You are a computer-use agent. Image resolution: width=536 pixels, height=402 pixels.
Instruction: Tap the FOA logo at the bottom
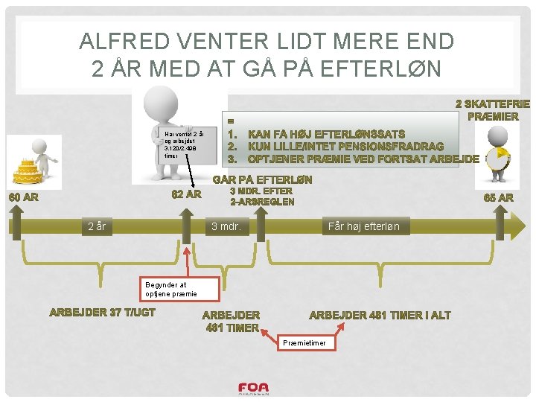click(253, 389)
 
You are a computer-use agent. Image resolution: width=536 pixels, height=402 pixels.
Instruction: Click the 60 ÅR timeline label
click(23, 198)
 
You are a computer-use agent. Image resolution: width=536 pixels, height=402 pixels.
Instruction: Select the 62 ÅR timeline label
click(186, 195)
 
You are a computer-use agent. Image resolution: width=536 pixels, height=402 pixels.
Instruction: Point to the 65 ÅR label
click(498, 198)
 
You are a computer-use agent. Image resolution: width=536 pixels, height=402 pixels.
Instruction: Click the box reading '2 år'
click(98, 226)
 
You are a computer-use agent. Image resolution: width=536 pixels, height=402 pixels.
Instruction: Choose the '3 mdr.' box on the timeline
click(226, 226)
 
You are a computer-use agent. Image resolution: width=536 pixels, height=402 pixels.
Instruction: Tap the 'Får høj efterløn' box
click(364, 226)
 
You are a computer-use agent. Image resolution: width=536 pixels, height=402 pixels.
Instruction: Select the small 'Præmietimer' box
click(306, 342)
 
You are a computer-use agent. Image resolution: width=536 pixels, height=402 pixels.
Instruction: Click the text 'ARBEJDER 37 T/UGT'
click(102, 313)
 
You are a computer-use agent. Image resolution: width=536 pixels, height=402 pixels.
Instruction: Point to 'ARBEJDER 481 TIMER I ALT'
click(380, 315)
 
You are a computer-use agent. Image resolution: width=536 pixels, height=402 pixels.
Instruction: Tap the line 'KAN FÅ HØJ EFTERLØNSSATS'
click(326, 134)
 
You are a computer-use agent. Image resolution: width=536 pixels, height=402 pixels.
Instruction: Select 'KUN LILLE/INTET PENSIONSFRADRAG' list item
click(345, 146)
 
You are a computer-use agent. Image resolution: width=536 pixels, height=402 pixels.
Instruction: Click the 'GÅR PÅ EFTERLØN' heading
click(263, 179)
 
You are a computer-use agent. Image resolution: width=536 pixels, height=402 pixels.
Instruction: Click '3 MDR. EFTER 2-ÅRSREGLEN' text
click(262, 197)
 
